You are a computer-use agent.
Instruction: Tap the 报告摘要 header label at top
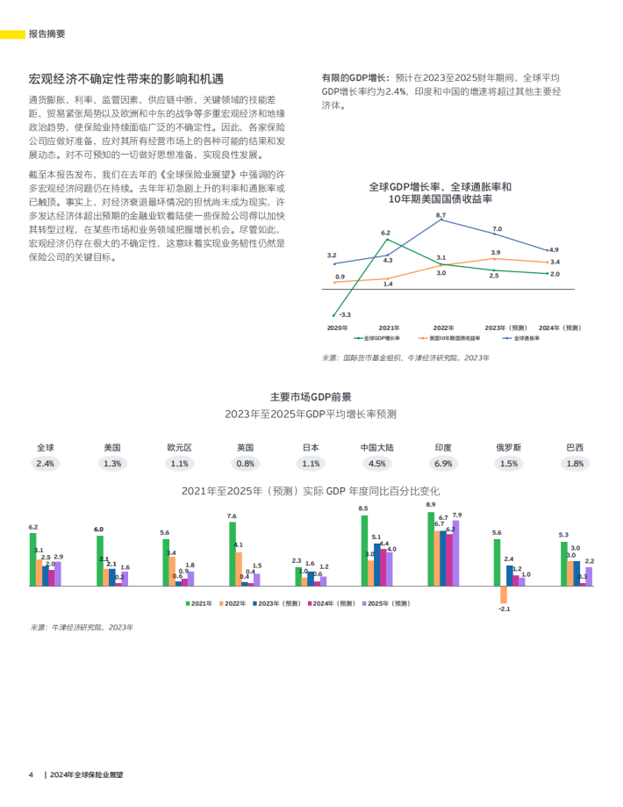(46, 34)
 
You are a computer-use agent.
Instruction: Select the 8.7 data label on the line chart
(440, 215)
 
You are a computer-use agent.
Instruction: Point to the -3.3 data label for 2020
(345, 314)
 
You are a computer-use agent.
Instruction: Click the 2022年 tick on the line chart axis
(443, 328)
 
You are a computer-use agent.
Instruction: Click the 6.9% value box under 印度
(443, 464)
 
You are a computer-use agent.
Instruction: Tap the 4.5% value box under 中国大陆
(377, 464)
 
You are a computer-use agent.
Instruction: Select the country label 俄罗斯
(509, 447)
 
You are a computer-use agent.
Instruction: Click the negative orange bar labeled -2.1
(504, 594)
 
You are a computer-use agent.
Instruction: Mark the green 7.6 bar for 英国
(233, 554)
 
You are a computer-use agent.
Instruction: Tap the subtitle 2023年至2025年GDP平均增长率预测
(311, 414)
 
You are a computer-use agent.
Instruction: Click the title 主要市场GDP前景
(311, 396)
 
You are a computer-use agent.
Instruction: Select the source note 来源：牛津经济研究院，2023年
(82, 628)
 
